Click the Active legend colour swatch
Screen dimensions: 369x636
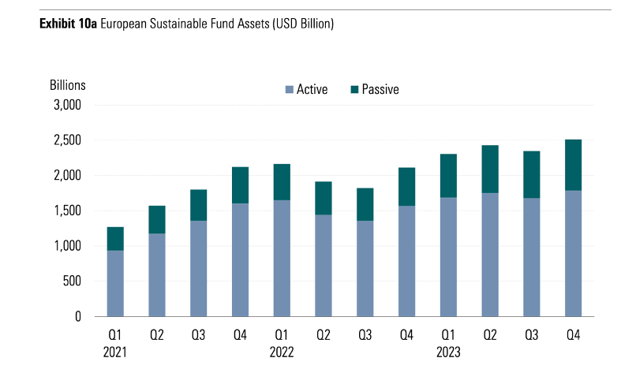click(289, 90)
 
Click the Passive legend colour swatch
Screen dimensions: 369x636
click(354, 90)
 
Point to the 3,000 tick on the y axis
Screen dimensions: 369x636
click(67, 105)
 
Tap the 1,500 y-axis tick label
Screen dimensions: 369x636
click(67, 211)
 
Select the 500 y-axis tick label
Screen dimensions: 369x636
click(72, 281)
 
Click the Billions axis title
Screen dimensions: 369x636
click(67, 84)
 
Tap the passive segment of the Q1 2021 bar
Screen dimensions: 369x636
click(115, 239)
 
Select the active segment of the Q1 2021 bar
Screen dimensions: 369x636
click(115, 284)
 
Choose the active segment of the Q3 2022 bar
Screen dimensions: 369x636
click(365, 268)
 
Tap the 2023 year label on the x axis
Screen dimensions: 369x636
click(447, 352)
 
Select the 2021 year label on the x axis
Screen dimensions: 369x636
click(115, 352)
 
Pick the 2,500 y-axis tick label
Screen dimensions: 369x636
click(67, 140)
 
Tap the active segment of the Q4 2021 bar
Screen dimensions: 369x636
click(240, 259)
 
